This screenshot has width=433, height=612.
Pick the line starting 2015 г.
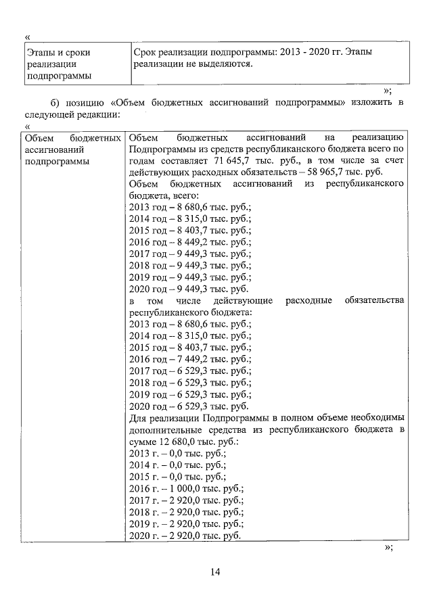click(x=177, y=476)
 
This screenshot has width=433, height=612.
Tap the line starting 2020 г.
click(x=185, y=536)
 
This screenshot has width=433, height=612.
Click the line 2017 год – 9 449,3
click(x=189, y=254)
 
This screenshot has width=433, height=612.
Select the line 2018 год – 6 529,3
click(x=189, y=382)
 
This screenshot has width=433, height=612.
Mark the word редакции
click(x=97, y=114)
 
